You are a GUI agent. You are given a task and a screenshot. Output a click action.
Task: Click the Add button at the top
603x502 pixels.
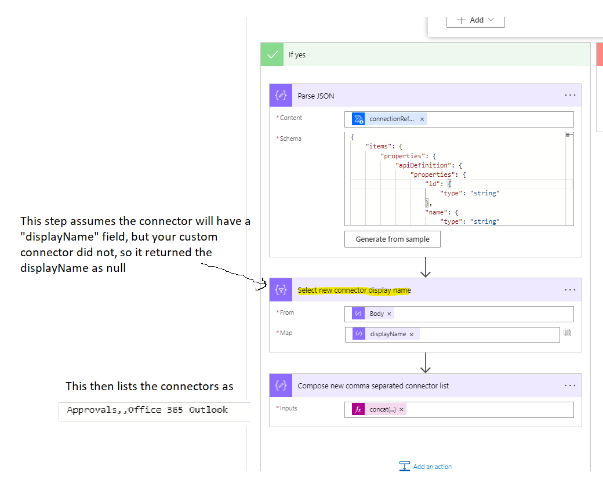[x=475, y=20]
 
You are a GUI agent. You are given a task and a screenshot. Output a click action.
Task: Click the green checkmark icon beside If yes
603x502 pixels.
[x=272, y=54]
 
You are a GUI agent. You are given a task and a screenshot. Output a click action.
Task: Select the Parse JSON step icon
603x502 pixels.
[x=281, y=96]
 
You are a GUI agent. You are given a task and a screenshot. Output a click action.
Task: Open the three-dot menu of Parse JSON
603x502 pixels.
[x=570, y=96]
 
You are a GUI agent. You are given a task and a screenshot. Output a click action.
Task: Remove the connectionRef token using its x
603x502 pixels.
[x=422, y=119]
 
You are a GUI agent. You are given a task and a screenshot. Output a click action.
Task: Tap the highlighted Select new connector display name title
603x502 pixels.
[x=354, y=290]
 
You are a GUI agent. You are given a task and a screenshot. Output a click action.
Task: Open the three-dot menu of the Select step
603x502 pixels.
[x=570, y=290]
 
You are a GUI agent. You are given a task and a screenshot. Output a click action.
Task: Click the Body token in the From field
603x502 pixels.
[x=376, y=314]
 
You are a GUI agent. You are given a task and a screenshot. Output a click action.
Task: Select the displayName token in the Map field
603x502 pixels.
[x=387, y=334]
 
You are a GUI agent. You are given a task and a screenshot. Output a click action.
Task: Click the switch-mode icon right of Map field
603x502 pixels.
[x=568, y=333]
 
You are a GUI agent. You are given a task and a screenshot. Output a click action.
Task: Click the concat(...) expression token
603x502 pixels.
[x=382, y=409]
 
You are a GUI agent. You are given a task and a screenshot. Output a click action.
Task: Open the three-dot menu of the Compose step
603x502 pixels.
[x=570, y=385]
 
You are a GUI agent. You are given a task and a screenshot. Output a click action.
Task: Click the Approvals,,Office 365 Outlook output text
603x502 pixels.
[x=147, y=410]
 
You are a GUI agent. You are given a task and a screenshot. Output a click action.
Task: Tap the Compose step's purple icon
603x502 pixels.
[x=281, y=385]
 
